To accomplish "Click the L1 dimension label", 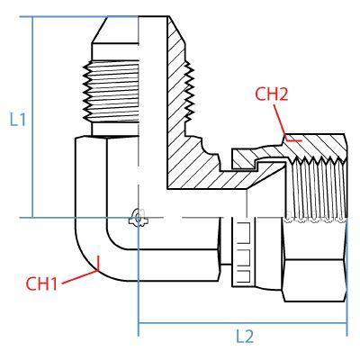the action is [x=18, y=120].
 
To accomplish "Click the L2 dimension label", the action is [x=245, y=337].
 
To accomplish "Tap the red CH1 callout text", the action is [x=41, y=283].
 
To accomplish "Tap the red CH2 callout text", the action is [x=271, y=94].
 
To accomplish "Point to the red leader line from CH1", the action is [x=80, y=276].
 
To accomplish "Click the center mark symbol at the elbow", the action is [x=138, y=218].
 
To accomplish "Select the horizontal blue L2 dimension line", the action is [x=242, y=323].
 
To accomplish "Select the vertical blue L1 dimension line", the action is [x=32, y=117].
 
